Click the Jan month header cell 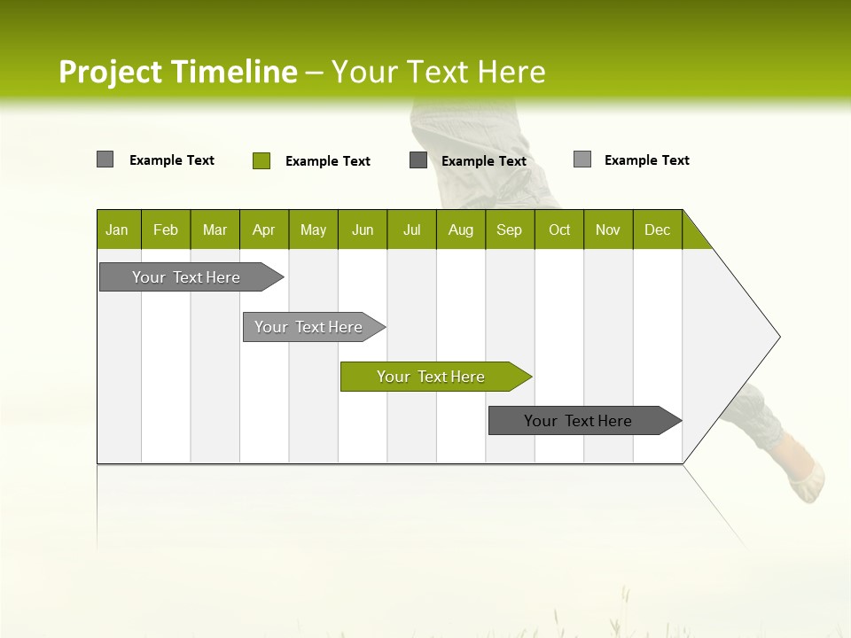[x=118, y=230]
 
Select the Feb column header [x=166, y=230]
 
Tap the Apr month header [x=264, y=230]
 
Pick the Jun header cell [x=363, y=230]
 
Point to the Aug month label [x=461, y=230]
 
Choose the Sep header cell [x=510, y=230]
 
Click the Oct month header [x=559, y=230]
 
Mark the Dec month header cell [x=658, y=230]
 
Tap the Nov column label [x=608, y=230]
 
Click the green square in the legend [x=262, y=160]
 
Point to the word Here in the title [x=511, y=72]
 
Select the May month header [x=313, y=230]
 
